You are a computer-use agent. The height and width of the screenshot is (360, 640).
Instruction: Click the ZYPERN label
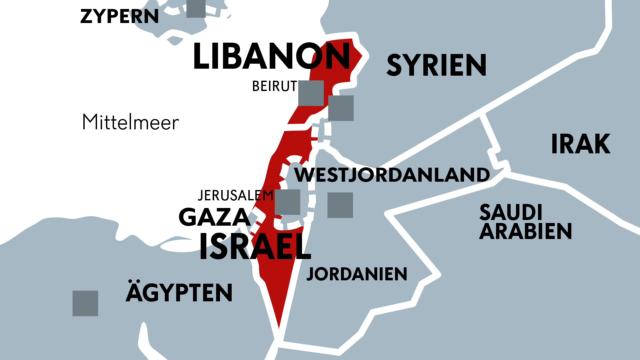click(x=119, y=16)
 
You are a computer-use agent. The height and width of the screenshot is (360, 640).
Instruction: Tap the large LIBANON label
click(x=271, y=56)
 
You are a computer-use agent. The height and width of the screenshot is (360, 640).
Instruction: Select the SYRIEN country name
click(x=436, y=65)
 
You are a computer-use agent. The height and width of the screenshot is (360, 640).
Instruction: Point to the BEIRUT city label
click(x=274, y=86)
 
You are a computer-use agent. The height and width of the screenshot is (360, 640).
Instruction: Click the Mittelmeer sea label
click(x=131, y=122)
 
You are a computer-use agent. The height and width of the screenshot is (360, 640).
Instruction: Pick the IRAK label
click(x=581, y=144)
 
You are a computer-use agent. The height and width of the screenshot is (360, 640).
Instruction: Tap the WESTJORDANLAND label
click(x=392, y=175)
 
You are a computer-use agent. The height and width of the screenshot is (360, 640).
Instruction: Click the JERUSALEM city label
click(x=235, y=196)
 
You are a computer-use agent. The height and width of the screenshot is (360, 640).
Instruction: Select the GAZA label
click(x=214, y=217)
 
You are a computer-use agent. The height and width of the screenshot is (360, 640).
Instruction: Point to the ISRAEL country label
click(x=255, y=247)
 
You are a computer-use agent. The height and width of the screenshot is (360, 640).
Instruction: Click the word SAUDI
click(x=511, y=212)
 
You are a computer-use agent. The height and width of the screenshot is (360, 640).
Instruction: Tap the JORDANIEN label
click(x=357, y=274)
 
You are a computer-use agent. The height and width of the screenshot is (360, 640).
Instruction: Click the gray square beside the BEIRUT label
click(x=311, y=93)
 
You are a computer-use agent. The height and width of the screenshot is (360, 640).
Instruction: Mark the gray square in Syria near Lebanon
click(x=341, y=108)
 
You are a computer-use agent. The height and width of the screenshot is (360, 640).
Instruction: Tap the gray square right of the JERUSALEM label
click(x=287, y=202)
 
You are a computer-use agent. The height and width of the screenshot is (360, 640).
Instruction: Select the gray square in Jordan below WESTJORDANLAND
click(x=340, y=205)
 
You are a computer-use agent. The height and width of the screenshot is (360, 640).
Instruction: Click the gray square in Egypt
click(x=85, y=303)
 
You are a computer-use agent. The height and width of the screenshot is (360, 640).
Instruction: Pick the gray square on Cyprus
click(x=196, y=8)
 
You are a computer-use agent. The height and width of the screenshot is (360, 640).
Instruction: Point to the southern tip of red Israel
click(x=279, y=327)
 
